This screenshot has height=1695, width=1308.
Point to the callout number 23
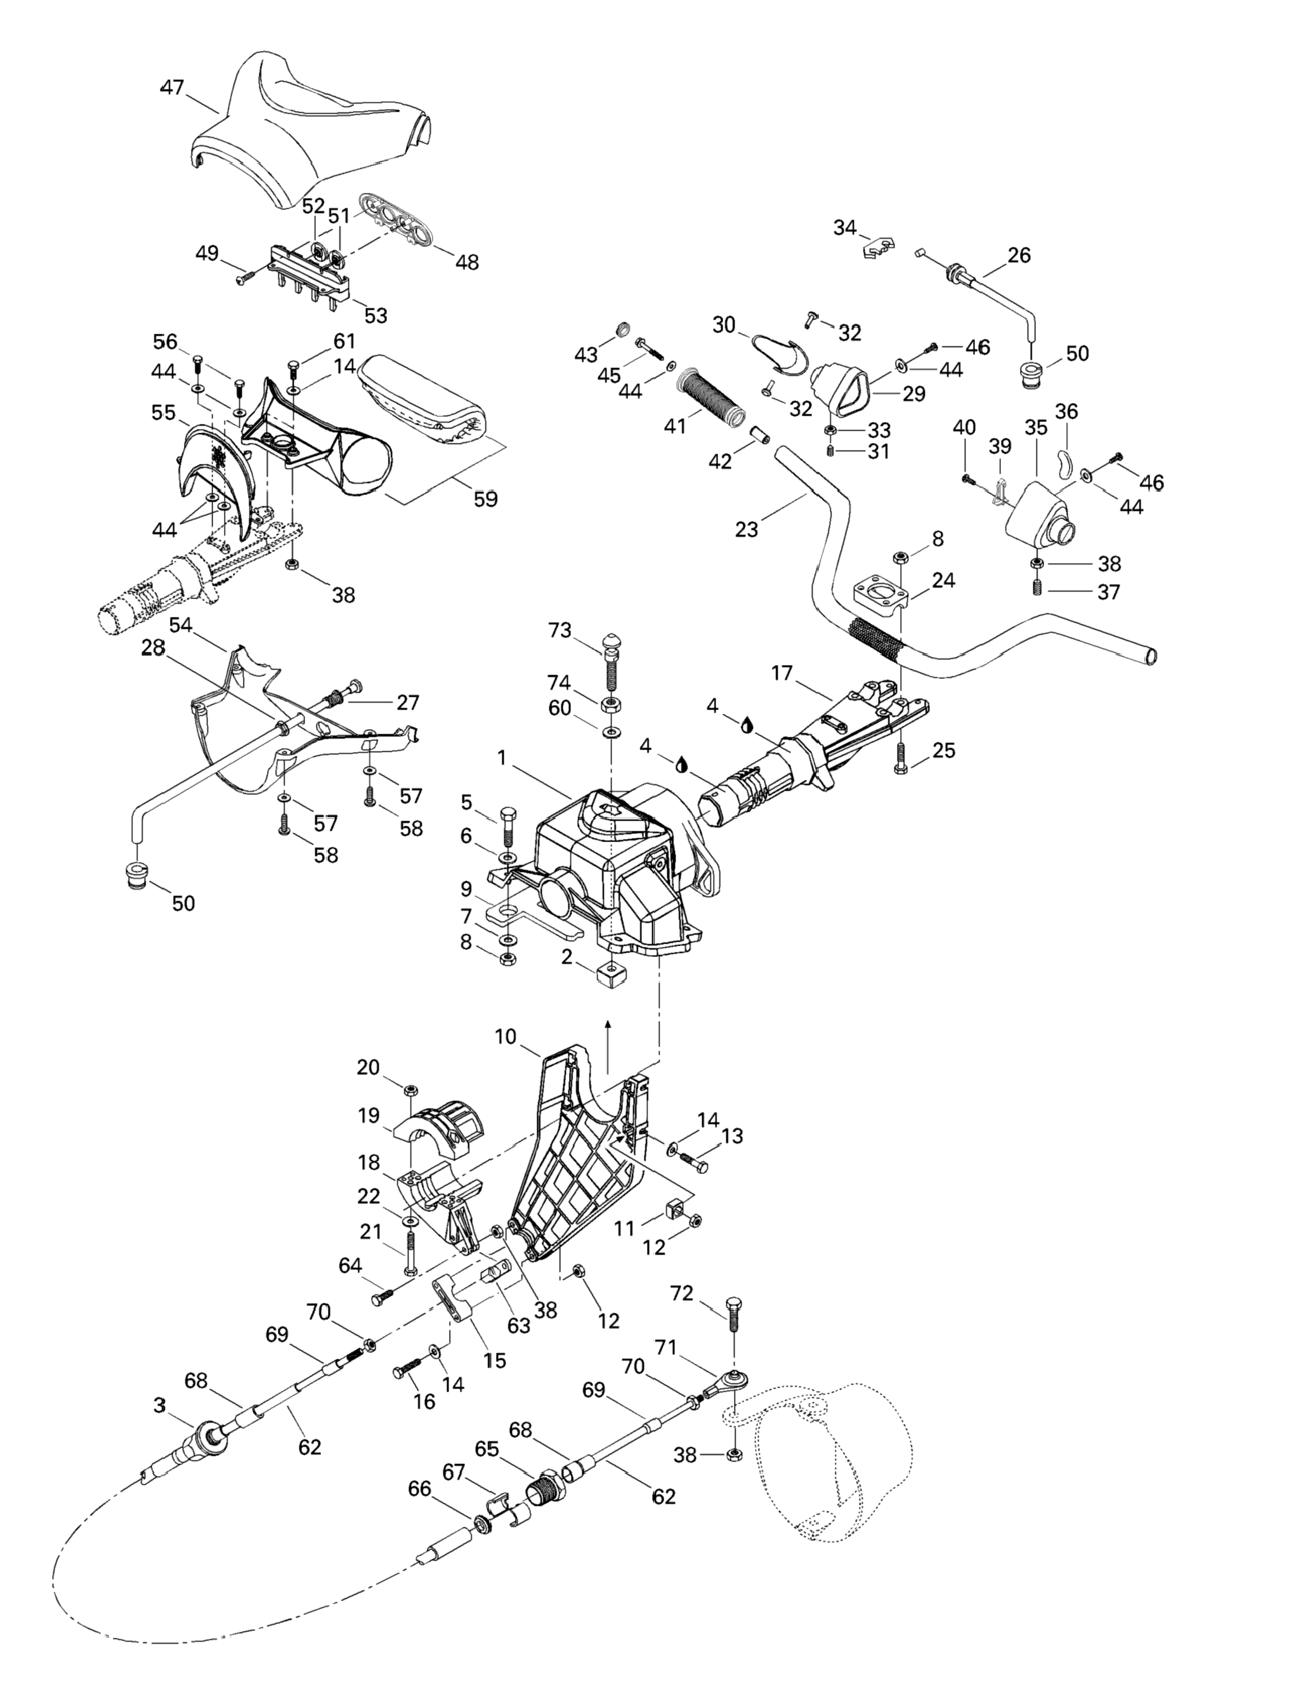click(747, 529)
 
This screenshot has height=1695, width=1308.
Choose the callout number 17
click(782, 673)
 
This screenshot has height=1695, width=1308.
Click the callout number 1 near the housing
click(502, 756)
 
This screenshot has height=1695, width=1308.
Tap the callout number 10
click(505, 1036)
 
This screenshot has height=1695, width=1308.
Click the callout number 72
click(681, 1293)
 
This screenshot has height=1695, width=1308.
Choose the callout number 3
click(159, 1405)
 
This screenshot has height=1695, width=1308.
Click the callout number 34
click(845, 227)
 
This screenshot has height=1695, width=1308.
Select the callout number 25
click(944, 751)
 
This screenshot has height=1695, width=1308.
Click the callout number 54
click(181, 625)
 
